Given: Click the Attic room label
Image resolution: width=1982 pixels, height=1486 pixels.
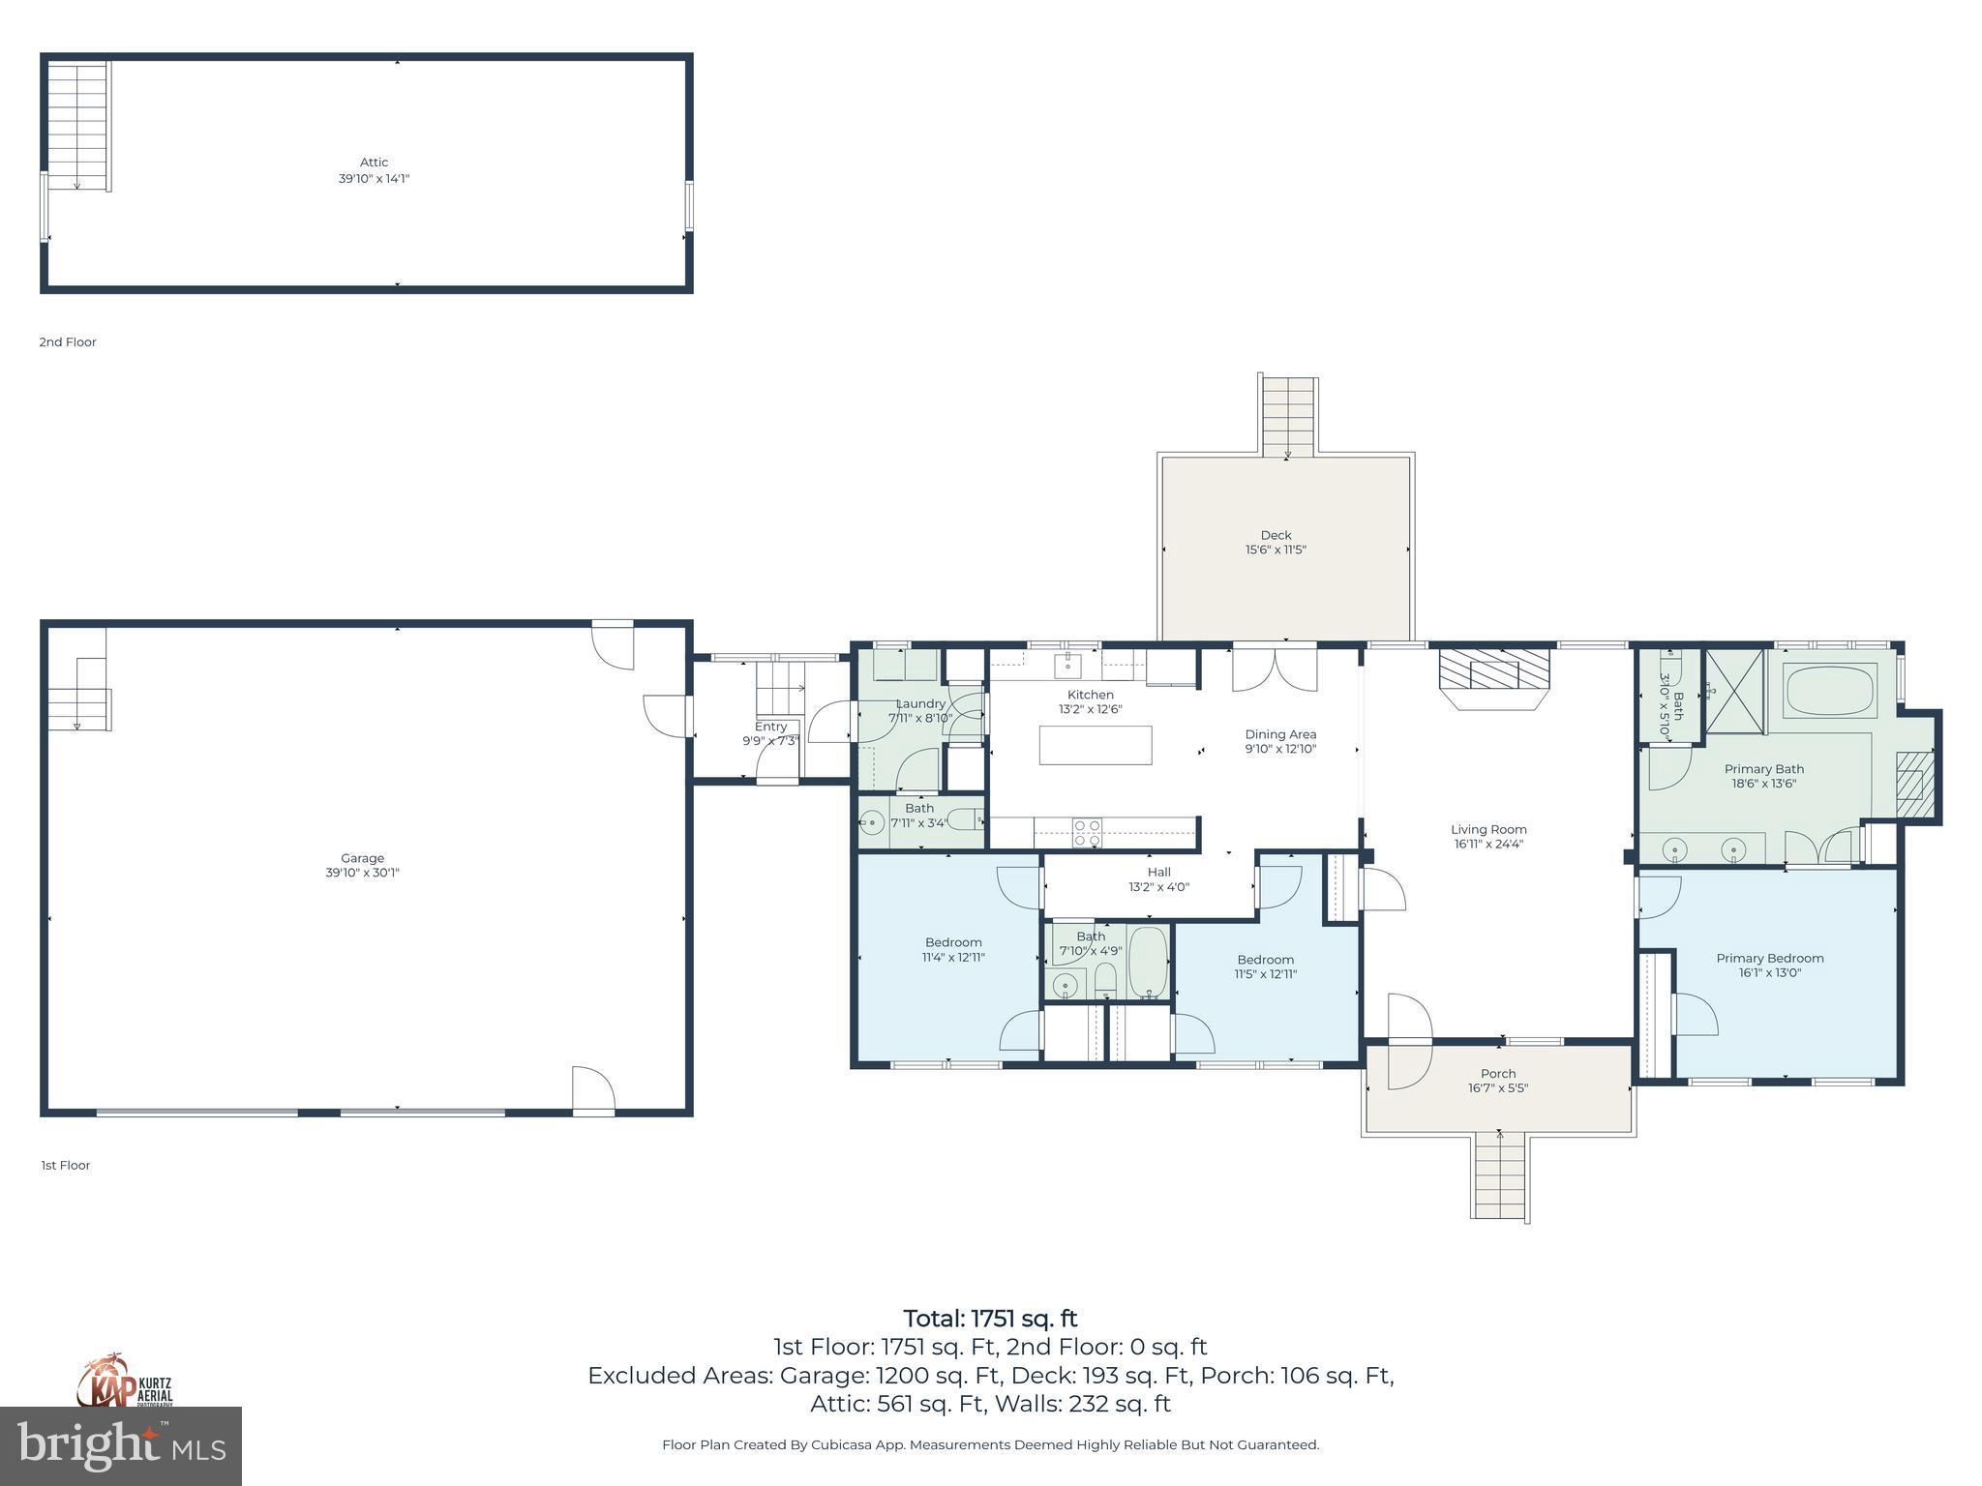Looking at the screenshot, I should [374, 163].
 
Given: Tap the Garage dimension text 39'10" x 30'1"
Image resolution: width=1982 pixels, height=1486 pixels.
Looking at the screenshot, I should [362, 873].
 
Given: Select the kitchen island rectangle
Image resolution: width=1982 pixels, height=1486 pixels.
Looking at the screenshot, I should [1096, 745].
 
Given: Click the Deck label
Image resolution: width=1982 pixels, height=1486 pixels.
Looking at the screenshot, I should [1276, 535].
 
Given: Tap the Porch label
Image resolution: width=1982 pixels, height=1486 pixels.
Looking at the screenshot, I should [1498, 1073].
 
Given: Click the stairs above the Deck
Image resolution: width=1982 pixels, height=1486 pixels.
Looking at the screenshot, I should [1288, 416].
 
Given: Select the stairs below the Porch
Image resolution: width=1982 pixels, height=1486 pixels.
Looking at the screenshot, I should [1500, 1176].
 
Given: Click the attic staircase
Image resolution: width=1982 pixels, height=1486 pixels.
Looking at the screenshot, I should [77, 126].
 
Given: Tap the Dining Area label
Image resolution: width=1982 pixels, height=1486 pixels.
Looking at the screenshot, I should [1280, 734].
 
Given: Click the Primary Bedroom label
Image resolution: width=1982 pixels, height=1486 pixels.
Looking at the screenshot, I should [1769, 958].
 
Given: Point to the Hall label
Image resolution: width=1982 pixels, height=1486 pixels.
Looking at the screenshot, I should [1158, 872].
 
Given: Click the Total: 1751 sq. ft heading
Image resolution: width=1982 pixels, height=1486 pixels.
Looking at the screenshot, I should [990, 1319].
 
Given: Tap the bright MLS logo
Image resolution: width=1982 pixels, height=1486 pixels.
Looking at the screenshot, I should [120, 1445].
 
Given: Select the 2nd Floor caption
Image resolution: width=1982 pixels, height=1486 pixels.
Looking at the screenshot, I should [68, 342].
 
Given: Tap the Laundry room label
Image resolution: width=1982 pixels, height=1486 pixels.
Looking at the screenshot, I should [919, 703].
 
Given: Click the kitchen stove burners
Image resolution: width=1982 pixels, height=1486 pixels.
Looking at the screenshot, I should [1086, 832].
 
